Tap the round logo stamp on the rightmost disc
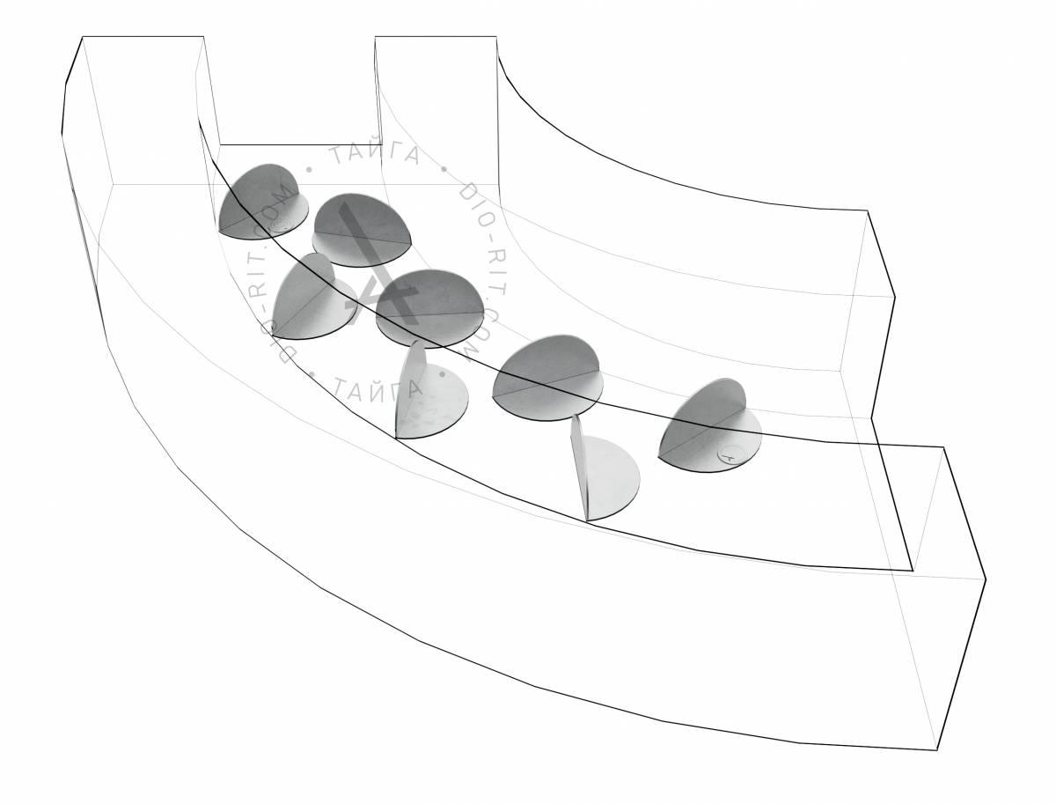coord(727,453)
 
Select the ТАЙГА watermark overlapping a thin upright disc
coord(377,387)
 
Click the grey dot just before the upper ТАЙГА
coord(310,169)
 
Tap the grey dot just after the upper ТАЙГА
coord(444,168)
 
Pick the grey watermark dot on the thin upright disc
coord(444,373)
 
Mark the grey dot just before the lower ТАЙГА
coord(312,373)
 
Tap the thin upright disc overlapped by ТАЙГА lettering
coord(429,389)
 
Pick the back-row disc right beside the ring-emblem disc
coord(362,229)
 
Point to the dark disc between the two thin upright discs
coord(546,377)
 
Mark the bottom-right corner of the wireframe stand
coord(936,763)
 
